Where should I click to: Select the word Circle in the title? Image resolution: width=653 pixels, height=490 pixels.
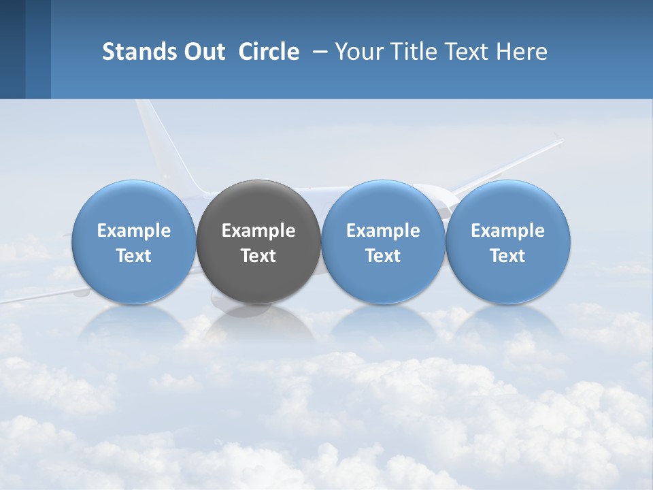click(269, 52)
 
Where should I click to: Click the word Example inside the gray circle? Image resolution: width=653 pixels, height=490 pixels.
click(258, 231)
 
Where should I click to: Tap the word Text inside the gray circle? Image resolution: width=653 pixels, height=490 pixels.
click(258, 256)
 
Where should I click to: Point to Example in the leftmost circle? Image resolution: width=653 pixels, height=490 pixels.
click(133, 231)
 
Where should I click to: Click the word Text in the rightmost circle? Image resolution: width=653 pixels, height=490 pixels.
click(507, 256)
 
